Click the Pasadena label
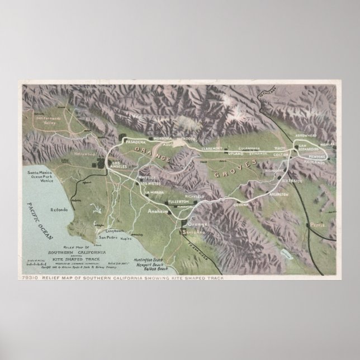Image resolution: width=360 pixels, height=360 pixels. [135, 142]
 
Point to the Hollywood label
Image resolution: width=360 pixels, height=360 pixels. [83, 153]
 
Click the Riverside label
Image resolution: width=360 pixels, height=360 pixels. [291, 181]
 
